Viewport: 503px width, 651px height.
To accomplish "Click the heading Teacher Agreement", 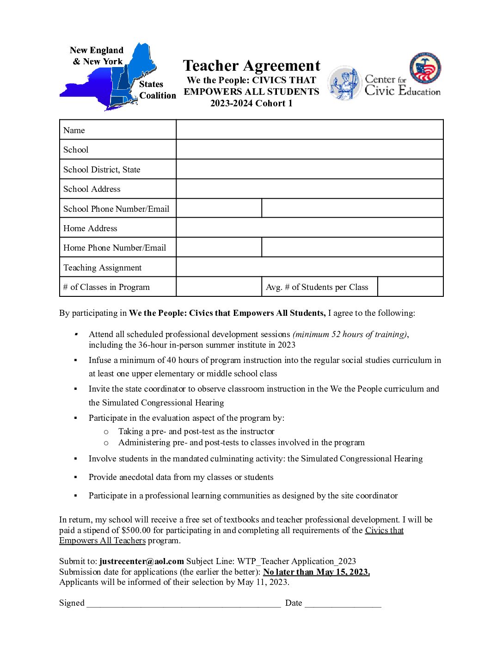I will click(x=251, y=66).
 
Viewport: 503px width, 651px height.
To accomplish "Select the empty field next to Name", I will click(x=309, y=130).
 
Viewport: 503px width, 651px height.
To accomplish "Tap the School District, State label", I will click(x=102, y=170).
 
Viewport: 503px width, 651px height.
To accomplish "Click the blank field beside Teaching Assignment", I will click(x=309, y=267).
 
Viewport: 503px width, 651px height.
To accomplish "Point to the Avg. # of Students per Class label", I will click(x=317, y=287).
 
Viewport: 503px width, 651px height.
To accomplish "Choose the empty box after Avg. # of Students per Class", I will click(x=410, y=287).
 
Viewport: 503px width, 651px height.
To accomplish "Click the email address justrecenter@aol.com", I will click(x=141, y=561).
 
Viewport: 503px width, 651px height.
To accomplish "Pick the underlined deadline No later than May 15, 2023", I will click(x=316, y=572).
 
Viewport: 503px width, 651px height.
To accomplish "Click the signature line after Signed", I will click(x=184, y=603).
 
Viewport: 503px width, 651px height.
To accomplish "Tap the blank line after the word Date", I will click(x=343, y=603).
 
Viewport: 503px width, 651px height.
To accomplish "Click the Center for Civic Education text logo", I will click(x=402, y=86).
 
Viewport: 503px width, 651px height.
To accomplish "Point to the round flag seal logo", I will click(x=425, y=68).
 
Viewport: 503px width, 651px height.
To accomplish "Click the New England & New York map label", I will click(x=97, y=55).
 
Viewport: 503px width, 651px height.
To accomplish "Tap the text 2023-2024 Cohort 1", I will click(x=251, y=103).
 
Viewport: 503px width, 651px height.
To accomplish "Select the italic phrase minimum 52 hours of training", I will click(x=350, y=334).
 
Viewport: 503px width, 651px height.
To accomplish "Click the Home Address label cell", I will click(x=90, y=228).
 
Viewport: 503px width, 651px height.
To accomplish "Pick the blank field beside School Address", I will click(x=309, y=189).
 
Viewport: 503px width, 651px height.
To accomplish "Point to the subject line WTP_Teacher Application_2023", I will click(x=296, y=561).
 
